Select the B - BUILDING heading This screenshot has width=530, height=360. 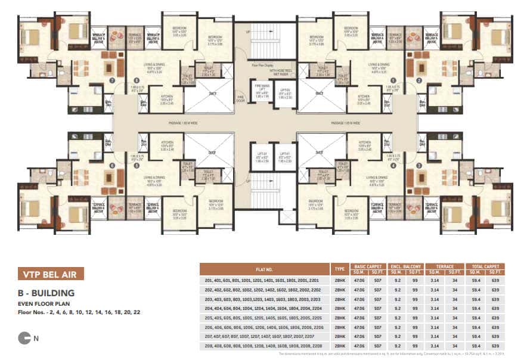[45, 293]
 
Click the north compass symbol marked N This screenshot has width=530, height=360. [26, 339]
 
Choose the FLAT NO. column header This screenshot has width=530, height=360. [264, 269]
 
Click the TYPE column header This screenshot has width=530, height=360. [340, 269]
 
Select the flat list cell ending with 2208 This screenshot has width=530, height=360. [264, 346]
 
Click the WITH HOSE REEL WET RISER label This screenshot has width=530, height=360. [278, 73]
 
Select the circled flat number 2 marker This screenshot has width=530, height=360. [419, 80]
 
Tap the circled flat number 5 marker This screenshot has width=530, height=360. [137, 166]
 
